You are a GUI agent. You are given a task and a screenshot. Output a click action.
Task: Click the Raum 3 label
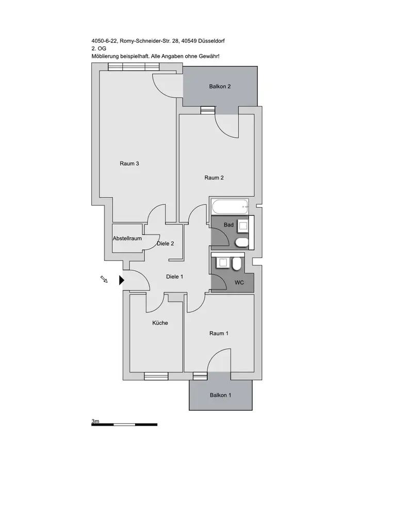pos(129,164)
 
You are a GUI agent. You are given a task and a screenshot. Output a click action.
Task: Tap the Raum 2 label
pos(214,178)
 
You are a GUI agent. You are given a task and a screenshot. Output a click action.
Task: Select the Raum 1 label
pos(219,333)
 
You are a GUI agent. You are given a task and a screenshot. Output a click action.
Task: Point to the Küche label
pos(160,323)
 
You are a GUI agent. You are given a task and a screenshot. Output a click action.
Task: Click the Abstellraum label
pos(127,238)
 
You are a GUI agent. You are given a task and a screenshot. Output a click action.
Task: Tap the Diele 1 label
pos(175,277)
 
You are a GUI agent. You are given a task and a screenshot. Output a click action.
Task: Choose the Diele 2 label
pos(166,244)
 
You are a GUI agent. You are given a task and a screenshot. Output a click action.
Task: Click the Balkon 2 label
pos(220,87)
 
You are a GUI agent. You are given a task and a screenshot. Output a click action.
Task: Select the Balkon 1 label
pos(220,395)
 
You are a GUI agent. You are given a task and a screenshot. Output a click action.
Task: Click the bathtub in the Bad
pos(230,207)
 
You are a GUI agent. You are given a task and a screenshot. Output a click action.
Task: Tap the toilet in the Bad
pos(242,243)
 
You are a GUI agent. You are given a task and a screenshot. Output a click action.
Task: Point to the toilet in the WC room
pos(237,264)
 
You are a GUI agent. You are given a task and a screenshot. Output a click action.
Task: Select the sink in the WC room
pos(223,263)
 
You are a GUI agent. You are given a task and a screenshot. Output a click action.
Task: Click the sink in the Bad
pos(243,226)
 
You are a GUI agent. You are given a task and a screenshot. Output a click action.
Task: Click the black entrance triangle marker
pos(122,280)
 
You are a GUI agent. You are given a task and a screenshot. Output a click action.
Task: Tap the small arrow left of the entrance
pos(104,279)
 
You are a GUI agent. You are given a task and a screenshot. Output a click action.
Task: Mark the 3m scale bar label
pos(95,421)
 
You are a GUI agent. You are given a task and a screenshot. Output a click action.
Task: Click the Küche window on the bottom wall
pos(156,376)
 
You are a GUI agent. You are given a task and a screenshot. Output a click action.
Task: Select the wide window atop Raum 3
pos(134,67)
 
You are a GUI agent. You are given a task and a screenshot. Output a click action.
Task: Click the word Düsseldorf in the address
pos(212,41)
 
